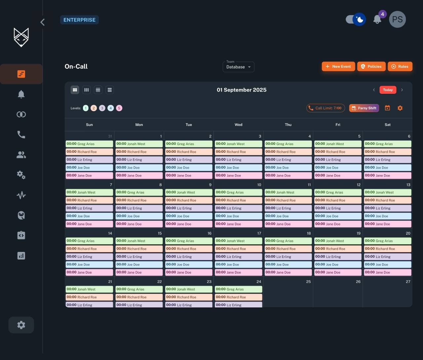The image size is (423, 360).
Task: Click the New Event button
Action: (338, 66)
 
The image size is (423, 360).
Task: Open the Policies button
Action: (371, 66)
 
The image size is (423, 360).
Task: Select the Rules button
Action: (400, 66)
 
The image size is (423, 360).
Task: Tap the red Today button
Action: (388, 90)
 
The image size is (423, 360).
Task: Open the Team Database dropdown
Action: (238, 67)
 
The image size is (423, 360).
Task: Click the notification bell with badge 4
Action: (377, 20)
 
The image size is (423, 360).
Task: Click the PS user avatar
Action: (397, 20)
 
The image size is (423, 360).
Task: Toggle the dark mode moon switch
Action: (356, 20)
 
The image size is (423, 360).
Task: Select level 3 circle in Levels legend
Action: (102, 108)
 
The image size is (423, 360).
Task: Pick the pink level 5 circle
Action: (119, 108)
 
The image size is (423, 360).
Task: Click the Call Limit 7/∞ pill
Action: (326, 108)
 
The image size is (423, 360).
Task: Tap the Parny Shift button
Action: (364, 108)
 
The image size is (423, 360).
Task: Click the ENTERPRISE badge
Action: (79, 20)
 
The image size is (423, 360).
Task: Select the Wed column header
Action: (238, 125)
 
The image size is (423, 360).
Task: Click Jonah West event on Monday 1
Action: (139, 144)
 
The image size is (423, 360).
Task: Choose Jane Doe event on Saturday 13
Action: (388, 224)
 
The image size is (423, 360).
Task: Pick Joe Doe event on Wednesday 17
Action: (238, 264)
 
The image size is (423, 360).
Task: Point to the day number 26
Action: (358, 282)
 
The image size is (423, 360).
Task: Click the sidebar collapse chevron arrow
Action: (42, 22)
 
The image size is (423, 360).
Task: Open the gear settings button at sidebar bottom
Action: (21, 325)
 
